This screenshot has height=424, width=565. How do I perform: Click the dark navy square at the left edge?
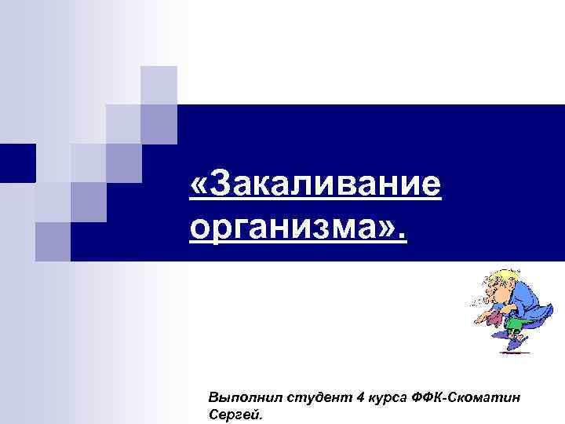pos(17,163)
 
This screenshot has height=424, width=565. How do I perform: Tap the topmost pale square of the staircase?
pos(159,84)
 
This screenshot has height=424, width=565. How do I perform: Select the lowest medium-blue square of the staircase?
pos(53,240)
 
